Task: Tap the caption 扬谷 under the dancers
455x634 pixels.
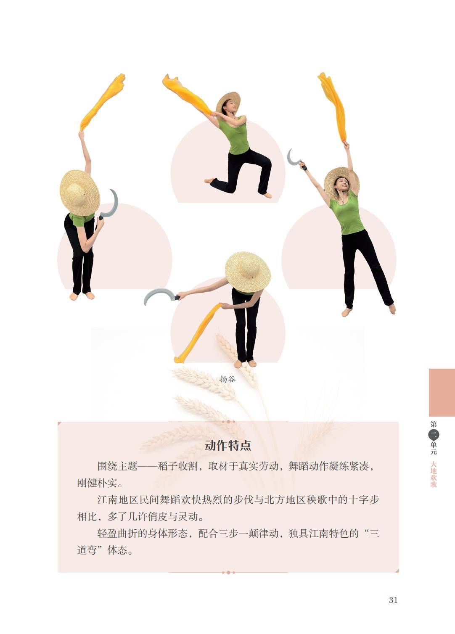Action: click(227, 379)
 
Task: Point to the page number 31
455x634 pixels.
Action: click(393, 600)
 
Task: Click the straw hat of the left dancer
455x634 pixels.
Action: click(79, 193)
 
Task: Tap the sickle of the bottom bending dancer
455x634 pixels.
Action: click(159, 296)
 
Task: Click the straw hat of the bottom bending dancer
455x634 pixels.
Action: click(247, 271)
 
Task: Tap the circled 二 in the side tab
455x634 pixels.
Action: click(434, 434)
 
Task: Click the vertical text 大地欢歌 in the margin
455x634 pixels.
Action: click(434, 474)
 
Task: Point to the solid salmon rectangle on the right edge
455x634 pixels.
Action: click(442, 392)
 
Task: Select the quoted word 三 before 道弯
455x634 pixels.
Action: click(374, 534)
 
